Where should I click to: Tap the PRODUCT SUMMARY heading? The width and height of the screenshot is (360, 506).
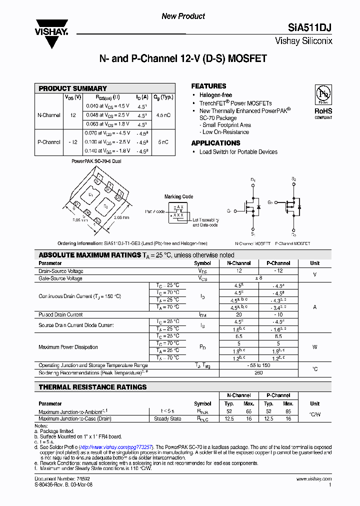click(x=72, y=88)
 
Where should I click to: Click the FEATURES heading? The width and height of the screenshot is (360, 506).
click(x=208, y=86)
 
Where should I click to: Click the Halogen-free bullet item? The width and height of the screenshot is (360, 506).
click(x=215, y=95)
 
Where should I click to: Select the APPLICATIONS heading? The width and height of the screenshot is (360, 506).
click(x=216, y=143)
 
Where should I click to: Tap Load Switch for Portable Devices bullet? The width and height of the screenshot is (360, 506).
click(x=238, y=152)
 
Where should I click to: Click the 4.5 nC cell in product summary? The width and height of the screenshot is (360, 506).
click(x=163, y=115)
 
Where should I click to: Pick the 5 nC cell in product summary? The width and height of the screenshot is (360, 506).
click(x=163, y=142)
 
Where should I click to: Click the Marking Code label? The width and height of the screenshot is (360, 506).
click(x=178, y=197)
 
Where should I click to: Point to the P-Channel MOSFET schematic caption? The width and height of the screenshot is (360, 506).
click(x=292, y=243)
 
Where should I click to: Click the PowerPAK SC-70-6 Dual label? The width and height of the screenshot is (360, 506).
click(x=96, y=161)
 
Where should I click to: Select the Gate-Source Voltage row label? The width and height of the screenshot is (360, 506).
click(x=60, y=278)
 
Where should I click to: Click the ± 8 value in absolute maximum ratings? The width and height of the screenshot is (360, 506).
click(x=258, y=278)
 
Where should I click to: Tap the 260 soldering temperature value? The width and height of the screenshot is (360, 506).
click(x=258, y=372)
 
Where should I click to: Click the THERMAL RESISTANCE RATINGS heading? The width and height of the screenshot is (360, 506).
click(x=92, y=387)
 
